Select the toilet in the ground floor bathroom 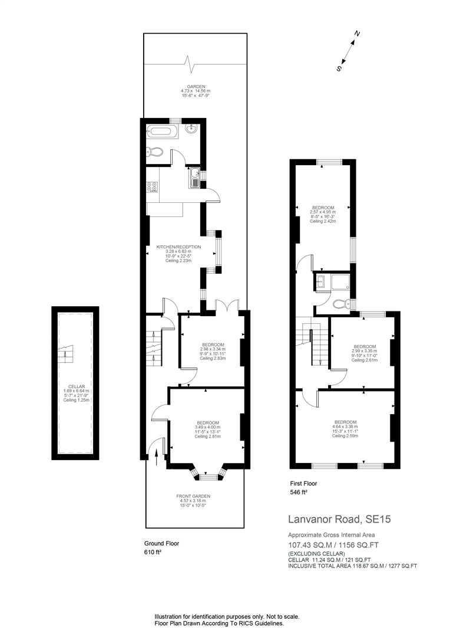click(155, 152)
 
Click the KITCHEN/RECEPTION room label click(178, 247)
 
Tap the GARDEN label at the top click(188, 87)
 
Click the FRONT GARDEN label click(193, 496)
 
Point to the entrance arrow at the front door click(157, 456)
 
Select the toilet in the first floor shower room click(339, 304)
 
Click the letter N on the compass click(357, 34)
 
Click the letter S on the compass click(339, 68)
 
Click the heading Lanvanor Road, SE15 click(339, 520)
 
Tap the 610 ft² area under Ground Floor click(153, 553)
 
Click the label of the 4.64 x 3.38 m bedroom click(345, 422)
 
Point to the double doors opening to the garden click(227, 306)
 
